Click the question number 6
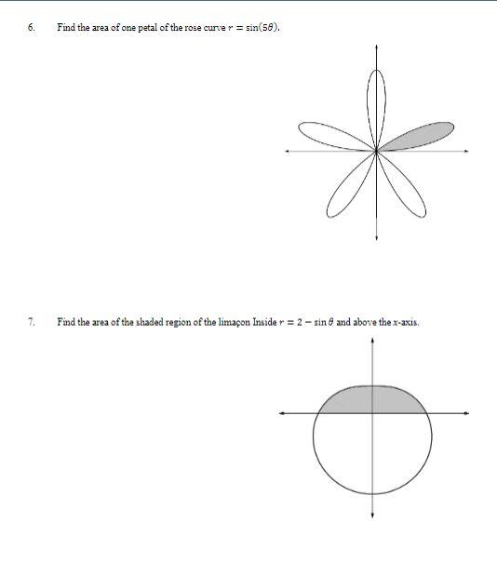[x=31, y=27]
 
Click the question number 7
[x=31, y=322]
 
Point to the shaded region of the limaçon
[x=372, y=400]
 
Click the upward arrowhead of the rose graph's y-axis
[x=376, y=46]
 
